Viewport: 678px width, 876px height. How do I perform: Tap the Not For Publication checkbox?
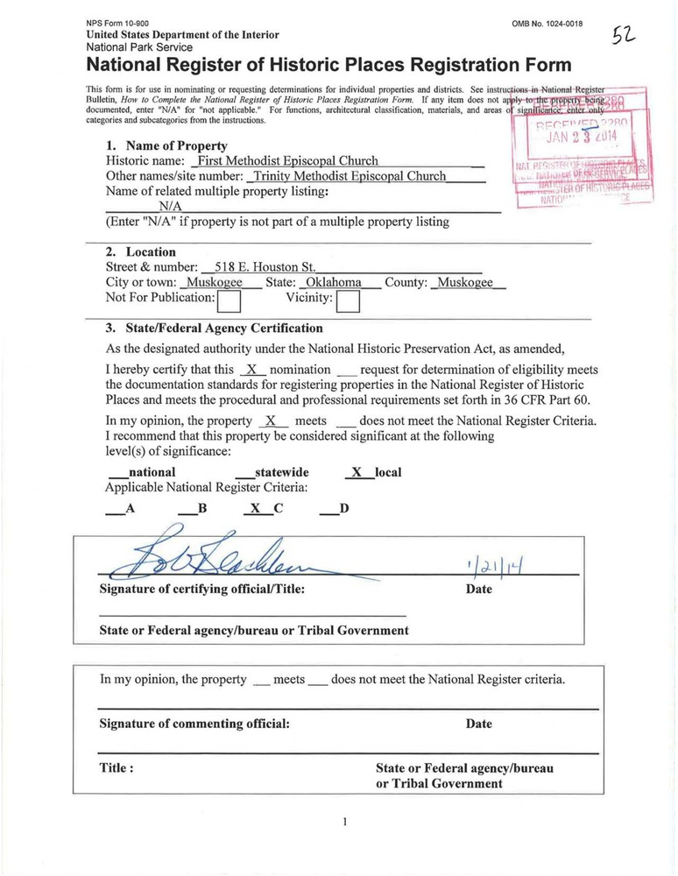[229, 301]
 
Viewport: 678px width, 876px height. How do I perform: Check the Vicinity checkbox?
[349, 301]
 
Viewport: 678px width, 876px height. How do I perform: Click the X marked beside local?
[355, 472]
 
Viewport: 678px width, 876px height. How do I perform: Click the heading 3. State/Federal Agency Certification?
[214, 328]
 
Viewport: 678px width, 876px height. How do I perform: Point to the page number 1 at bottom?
[346, 822]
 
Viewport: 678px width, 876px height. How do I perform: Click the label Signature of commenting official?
[194, 724]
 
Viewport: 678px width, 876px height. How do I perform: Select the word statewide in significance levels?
[281, 472]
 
